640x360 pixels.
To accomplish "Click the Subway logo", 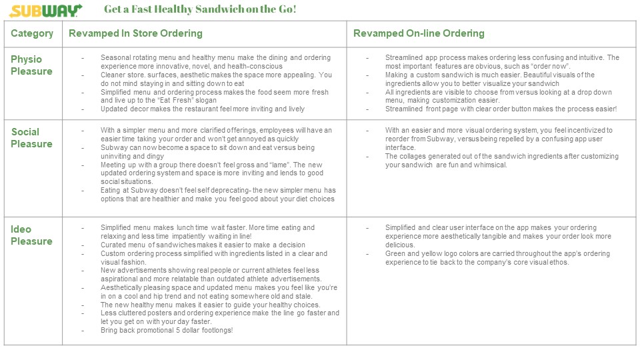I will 46,11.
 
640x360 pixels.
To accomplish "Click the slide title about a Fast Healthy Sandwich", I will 200,10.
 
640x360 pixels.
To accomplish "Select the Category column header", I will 32,33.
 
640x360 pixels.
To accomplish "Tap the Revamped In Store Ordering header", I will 135,33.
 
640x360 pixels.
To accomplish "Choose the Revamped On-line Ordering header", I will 419,33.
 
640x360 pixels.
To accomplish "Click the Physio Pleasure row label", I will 31,65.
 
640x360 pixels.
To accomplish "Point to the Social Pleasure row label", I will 31,138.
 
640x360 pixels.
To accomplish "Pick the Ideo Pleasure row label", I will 31,235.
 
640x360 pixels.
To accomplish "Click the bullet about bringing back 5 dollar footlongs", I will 170,330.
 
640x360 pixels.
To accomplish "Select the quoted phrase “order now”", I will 549,67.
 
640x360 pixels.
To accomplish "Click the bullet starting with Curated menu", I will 203,245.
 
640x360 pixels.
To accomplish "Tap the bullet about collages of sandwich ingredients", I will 501,161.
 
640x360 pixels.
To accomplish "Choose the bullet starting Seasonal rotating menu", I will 215,62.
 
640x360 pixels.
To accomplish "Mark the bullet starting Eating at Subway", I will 218,194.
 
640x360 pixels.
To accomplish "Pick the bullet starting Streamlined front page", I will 501,109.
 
